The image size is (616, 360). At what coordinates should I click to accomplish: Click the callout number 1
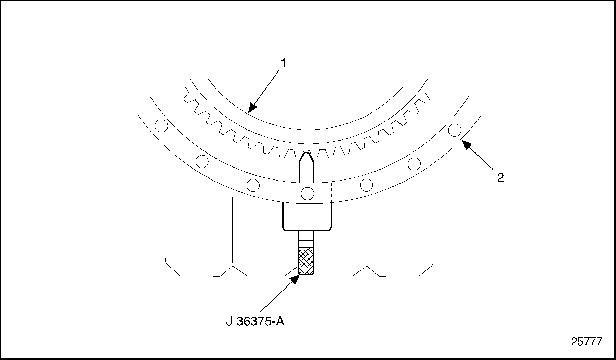pyautogui.click(x=284, y=63)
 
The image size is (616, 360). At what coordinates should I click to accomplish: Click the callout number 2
pyautogui.click(x=500, y=177)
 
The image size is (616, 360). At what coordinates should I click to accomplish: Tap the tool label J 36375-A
pyautogui.click(x=255, y=321)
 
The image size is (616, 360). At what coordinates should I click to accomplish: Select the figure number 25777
pyautogui.click(x=586, y=342)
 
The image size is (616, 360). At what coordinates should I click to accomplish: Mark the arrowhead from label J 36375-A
pyautogui.click(x=294, y=278)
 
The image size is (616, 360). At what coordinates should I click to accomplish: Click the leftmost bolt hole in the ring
pyautogui.click(x=161, y=126)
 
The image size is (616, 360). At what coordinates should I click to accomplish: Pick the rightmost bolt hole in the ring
pyautogui.click(x=455, y=130)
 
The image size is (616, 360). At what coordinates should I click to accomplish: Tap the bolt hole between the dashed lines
pyautogui.click(x=307, y=194)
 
